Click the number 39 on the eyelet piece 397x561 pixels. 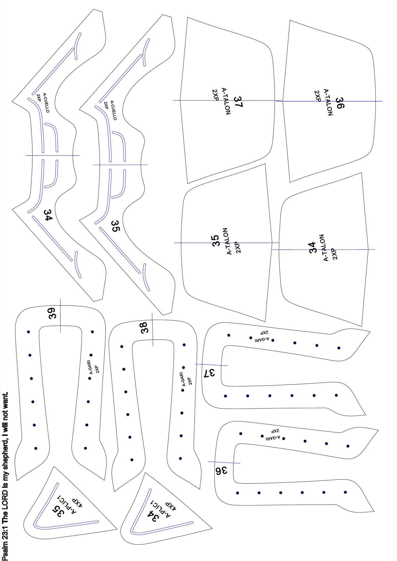(52, 313)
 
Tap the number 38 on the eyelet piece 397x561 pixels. (145, 327)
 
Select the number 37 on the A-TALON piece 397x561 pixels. (238, 102)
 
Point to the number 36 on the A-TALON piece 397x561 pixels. (340, 103)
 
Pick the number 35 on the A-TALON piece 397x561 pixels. (216, 241)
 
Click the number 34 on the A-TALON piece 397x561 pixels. (313, 248)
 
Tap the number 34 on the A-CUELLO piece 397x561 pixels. (48, 215)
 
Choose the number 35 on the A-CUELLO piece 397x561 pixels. (116, 226)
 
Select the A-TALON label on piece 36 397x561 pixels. (328, 102)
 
